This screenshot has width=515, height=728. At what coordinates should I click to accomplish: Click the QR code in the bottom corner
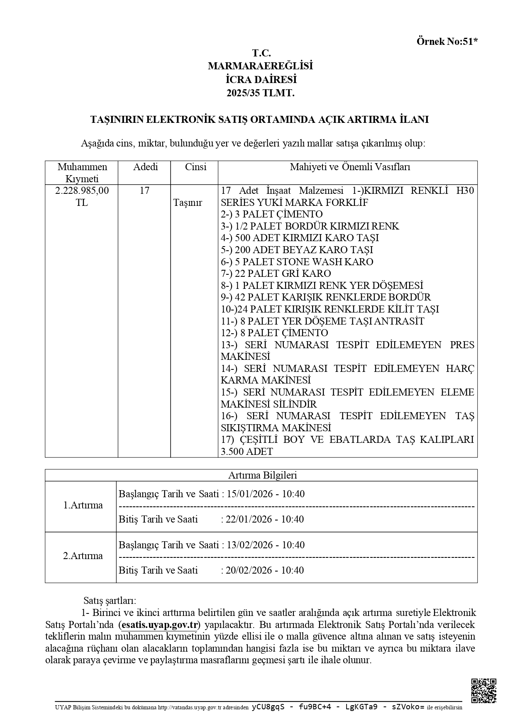(484, 691)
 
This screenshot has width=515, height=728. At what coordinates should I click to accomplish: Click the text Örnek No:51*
(447, 41)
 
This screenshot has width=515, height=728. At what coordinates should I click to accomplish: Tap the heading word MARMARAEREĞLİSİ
(260, 66)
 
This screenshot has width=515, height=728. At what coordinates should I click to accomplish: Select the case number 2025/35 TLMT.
(260, 93)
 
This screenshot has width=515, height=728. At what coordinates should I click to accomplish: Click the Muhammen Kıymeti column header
(82, 173)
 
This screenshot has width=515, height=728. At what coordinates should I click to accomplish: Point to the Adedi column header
(145, 167)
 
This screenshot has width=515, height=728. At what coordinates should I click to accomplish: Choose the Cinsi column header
(195, 167)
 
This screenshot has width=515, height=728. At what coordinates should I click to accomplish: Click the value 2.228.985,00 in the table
(82, 191)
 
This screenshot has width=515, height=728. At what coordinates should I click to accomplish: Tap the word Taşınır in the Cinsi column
(188, 203)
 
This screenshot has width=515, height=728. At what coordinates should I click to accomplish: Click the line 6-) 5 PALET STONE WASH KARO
(297, 262)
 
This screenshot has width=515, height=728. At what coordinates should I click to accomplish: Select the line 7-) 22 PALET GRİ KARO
(276, 274)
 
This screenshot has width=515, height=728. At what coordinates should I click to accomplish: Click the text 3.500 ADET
(247, 452)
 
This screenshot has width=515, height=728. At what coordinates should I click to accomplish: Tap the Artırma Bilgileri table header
(262, 475)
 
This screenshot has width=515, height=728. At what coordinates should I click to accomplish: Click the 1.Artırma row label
(83, 505)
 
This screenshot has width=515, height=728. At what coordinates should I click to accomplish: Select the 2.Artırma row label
(83, 556)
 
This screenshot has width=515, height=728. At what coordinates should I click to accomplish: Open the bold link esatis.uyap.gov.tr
(159, 625)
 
